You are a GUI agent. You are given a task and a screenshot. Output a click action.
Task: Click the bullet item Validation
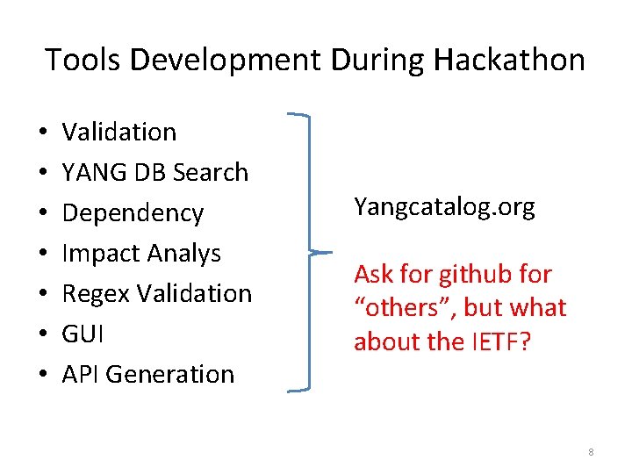pos(119,132)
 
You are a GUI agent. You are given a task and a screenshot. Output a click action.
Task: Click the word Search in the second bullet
pos(212,172)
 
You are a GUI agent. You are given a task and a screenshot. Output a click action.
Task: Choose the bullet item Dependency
pos(133,212)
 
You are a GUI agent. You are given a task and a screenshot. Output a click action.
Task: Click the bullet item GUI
pos(81,334)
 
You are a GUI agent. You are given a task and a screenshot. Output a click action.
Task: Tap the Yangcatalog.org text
pos(444,207)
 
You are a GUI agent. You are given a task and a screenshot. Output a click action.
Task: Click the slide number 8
pos(591,452)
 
